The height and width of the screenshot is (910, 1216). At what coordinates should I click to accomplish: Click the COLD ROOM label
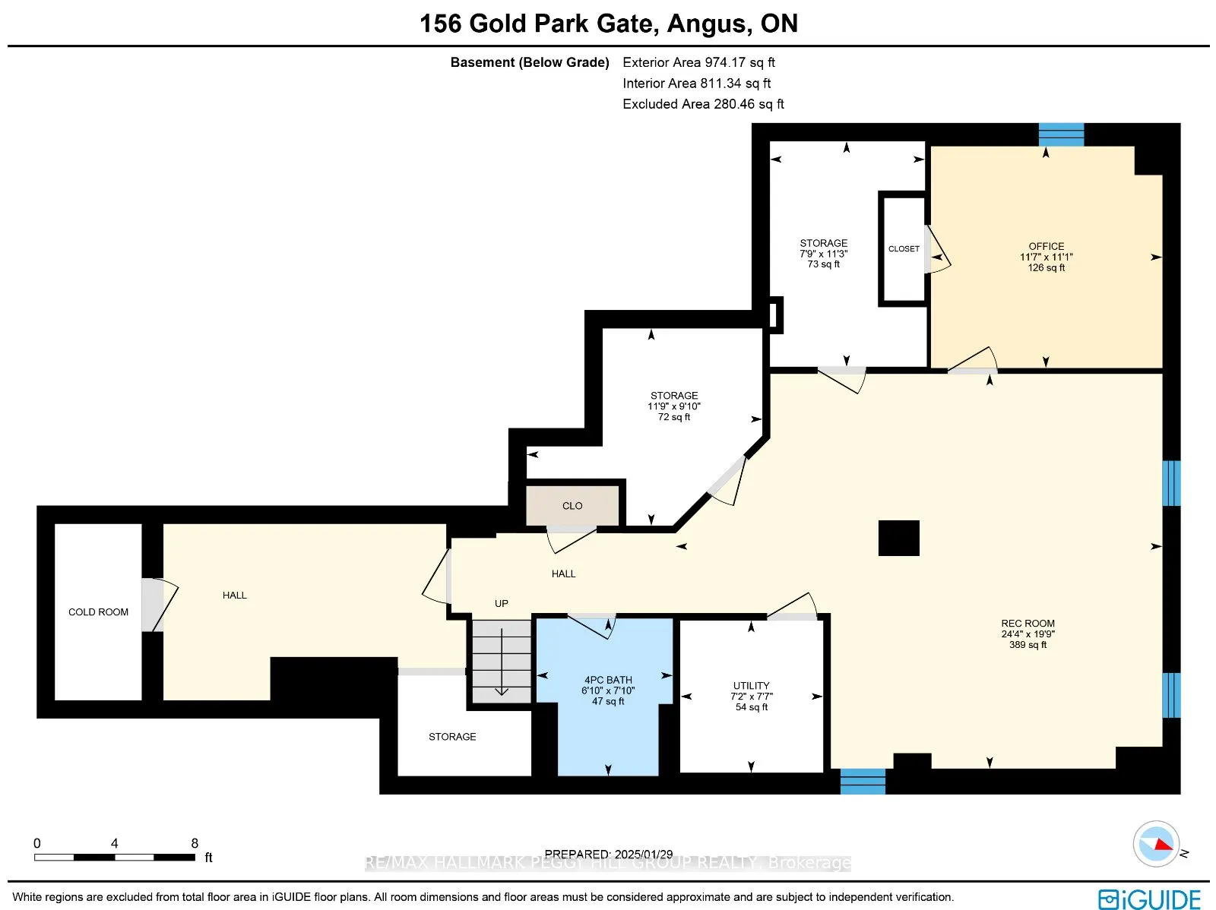98,612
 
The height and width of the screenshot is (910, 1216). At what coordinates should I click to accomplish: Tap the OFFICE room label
1046,247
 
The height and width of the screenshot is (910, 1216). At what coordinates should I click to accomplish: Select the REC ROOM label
1028,624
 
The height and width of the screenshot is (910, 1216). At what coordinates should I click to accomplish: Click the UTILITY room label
751,686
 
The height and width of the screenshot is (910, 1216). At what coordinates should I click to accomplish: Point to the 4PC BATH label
608,681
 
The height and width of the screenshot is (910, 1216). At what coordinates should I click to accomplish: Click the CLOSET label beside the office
904,249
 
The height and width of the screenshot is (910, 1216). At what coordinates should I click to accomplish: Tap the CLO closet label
572,506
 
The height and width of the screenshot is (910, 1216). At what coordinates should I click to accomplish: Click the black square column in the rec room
898,538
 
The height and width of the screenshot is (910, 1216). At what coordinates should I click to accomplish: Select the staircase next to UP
502,661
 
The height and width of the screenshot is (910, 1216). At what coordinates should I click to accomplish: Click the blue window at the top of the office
1061,134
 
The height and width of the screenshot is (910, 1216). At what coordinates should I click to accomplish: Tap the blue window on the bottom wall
863,782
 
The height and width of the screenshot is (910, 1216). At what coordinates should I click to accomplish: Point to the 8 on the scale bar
195,843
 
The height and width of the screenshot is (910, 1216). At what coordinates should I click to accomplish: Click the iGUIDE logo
1149,899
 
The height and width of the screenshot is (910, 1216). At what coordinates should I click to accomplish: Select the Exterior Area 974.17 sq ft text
698,63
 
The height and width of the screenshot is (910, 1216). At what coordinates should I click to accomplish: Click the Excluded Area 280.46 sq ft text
703,104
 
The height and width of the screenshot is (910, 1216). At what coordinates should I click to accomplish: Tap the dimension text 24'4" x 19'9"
1028,634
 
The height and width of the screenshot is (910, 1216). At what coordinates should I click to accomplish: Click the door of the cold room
154,605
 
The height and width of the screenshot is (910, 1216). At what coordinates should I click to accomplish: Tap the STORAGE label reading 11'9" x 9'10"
673,396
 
